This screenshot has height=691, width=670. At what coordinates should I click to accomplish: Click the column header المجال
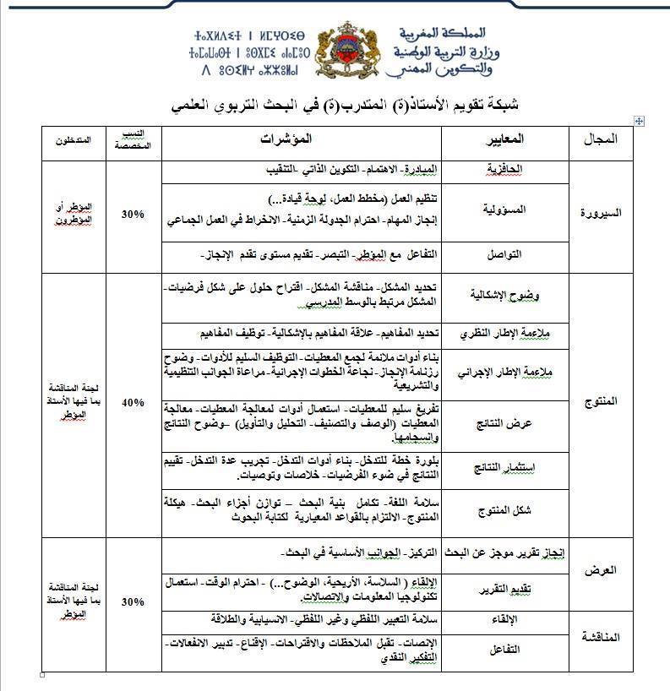pyautogui.click(x=602, y=139)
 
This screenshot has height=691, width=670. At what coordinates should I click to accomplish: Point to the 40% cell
pyautogui.click(x=132, y=402)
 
